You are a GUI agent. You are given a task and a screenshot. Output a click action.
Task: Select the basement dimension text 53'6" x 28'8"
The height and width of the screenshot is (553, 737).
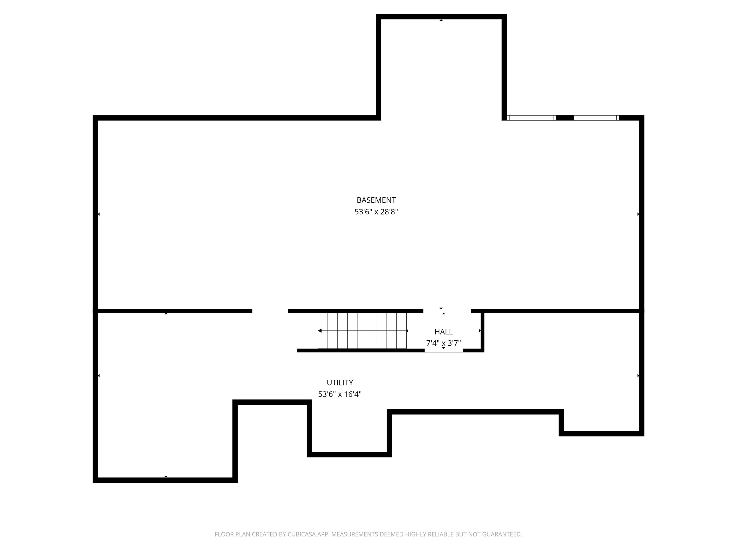pyautogui.click(x=376, y=212)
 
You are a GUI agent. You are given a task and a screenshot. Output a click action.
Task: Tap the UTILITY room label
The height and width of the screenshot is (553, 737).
pyautogui.click(x=340, y=382)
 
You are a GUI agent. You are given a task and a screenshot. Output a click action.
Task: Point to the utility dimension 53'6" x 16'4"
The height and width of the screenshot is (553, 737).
pyautogui.click(x=340, y=394)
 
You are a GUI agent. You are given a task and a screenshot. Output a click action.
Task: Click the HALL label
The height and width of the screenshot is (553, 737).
pyautogui.click(x=443, y=332)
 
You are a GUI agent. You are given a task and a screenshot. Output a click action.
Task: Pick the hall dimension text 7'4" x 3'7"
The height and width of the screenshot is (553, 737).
pyautogui.click(x=443, y=343)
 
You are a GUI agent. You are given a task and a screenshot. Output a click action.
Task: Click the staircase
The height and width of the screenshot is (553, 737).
pyautogui.click(x=362, y=331)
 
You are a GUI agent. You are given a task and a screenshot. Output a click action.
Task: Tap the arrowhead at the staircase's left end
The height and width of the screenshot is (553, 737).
pyautogui.click(x=320, y=331)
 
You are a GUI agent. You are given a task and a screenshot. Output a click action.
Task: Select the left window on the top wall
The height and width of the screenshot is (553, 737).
pyautogui.click(x=531, y=118)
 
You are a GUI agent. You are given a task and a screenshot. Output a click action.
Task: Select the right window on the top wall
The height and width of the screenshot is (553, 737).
pyautogui.click(x=596, y=118)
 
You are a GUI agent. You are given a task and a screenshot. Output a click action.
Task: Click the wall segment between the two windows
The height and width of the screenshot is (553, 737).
pyautogui.click(x=565, y=118)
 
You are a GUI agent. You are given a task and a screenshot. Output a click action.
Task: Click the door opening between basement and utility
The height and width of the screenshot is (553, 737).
pyautogui.click(x=270, y=311)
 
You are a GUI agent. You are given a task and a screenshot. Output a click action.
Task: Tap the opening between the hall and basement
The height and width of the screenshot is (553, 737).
pyautogui.click(x=447, y=311)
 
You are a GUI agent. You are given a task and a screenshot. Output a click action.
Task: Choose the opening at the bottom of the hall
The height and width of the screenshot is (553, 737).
pyautogui.click(x=443, y=351)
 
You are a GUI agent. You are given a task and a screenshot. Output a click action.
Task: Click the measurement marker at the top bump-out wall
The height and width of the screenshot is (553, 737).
pyautogui.click(x=441, y=20)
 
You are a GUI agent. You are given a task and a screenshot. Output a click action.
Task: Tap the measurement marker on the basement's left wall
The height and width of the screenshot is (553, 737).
pyautogui.click(x=99, y=214)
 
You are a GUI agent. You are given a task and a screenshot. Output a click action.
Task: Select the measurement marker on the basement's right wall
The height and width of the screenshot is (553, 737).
pyautogui.click(x=638, y=214)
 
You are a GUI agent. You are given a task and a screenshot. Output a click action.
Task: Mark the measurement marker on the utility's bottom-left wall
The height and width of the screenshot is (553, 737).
pyautogui.click(x=166, y=477)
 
